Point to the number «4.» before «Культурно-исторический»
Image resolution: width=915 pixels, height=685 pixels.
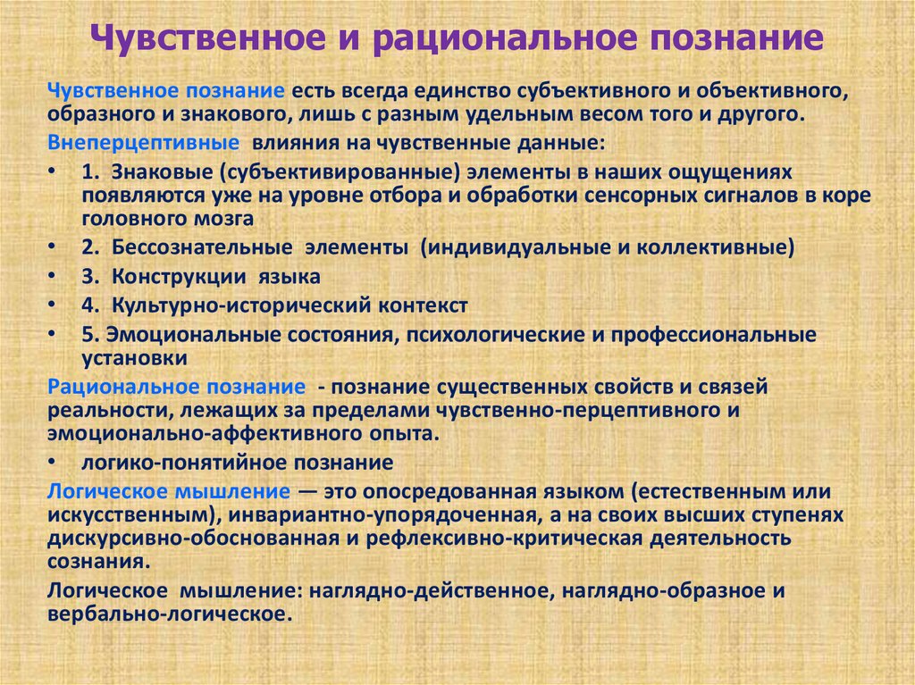click(x=88, y=305)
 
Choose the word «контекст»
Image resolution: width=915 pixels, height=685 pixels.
click(x=425, y=305)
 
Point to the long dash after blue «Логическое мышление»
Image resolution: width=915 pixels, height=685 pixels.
click(x=306, y=491)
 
